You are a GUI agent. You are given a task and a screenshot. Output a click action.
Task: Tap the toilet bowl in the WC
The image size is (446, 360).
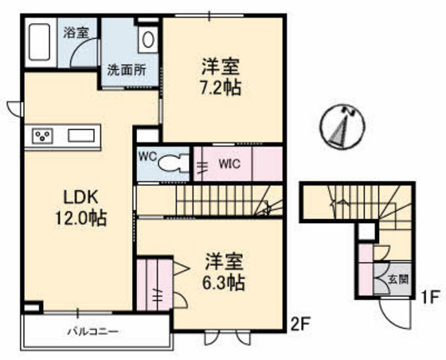171,163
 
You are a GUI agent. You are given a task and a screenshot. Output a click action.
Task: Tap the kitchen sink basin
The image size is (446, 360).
81,136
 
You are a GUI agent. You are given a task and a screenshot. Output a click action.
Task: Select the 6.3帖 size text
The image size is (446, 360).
223,282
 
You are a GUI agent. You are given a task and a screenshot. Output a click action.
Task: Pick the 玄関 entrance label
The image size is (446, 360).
399,280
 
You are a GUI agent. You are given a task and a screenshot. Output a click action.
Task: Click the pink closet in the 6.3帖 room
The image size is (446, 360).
155,286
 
